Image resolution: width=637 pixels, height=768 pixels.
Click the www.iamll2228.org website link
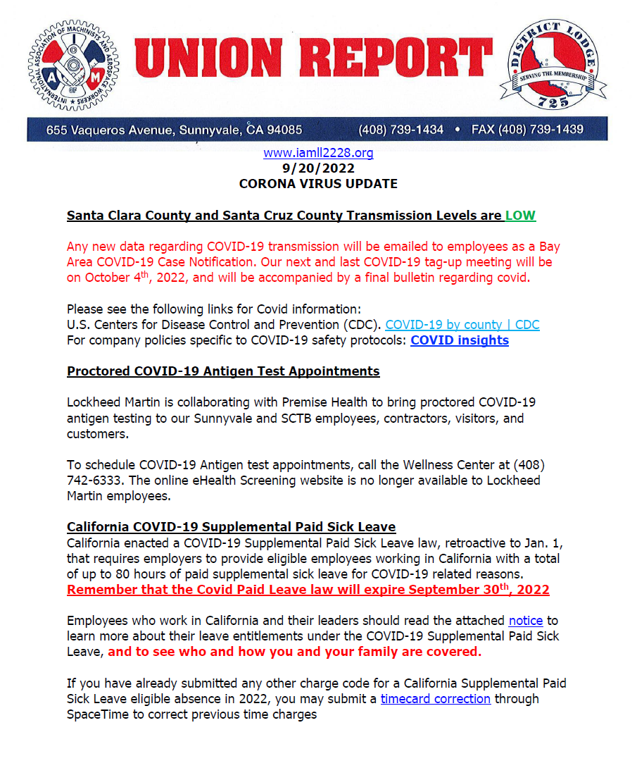[x=318, y=153]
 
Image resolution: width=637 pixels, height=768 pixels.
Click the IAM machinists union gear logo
[x=72, y=65]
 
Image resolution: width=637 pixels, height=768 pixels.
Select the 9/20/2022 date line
[x=318, y=168]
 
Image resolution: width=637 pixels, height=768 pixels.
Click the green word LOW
[x=520, y=216]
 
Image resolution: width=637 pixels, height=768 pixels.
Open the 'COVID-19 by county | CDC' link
[x=462, y=325]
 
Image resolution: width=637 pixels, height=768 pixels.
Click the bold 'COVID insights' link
[x=460, y=340]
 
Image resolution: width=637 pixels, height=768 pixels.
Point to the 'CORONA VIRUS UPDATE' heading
[x=318, y=184]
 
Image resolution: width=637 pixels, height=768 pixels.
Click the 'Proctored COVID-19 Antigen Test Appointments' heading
[x=223, y=371]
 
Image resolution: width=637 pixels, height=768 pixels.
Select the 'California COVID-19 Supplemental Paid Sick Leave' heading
[x=231, y=527]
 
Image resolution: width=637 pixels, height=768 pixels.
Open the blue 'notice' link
[x=526, y=621]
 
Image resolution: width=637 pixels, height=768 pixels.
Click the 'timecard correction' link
[x=436, y=699]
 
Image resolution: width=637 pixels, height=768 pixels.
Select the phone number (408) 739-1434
[x=401, y=130]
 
